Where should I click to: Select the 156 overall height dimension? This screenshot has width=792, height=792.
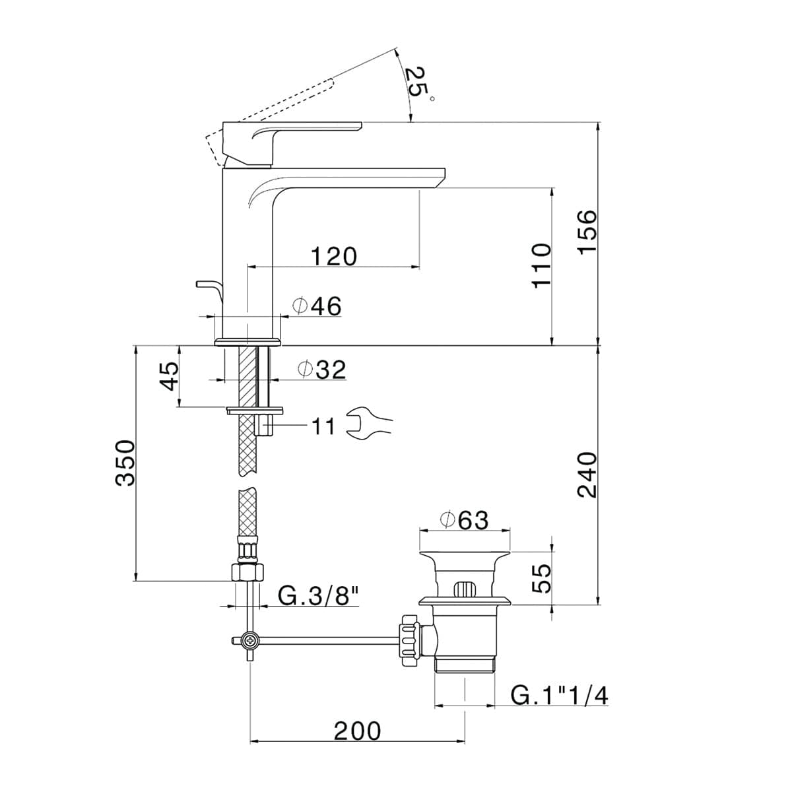[x=587, y=230]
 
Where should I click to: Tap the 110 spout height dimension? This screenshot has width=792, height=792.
[x=541, y=265]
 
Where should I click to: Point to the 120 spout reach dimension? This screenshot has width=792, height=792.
[x=333, y=255]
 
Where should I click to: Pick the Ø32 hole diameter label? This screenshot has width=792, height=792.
[x=321, y=370]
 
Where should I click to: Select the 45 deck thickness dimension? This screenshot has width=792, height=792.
[x=170, y=376]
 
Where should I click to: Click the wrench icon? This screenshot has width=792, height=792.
[x=369, y=423]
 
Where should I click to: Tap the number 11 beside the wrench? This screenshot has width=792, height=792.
[x=323, y=426]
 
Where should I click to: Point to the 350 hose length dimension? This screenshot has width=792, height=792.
[x=125, y=463]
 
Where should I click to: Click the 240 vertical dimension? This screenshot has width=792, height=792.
[x=587, y=475]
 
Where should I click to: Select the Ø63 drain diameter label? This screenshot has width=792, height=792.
[x=464, y=520]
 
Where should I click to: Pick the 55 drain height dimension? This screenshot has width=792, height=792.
[x=541, y=578]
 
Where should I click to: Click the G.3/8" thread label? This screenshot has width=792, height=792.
[x=318, y=596]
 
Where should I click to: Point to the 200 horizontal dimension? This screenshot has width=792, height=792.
[x=357, y=731]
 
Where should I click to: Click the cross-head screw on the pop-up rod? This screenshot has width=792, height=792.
[x=250, y=640]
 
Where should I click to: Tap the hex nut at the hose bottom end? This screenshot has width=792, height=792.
[x=247, y=571]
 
